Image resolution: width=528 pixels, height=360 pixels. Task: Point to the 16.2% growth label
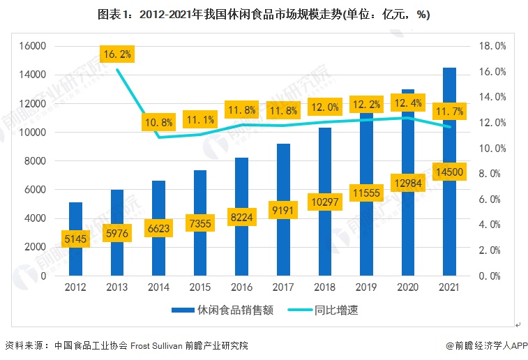(116, 53)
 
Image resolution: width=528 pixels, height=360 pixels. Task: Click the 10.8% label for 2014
(158, 123)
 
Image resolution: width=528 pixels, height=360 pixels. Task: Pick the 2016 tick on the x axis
(242, 287)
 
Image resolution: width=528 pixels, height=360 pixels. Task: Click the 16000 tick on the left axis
(31, 46)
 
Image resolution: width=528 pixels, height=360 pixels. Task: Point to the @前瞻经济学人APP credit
(488, 345)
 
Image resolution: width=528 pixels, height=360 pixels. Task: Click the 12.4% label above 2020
(408, 103)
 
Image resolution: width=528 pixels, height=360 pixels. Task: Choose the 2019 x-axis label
(367, 287)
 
